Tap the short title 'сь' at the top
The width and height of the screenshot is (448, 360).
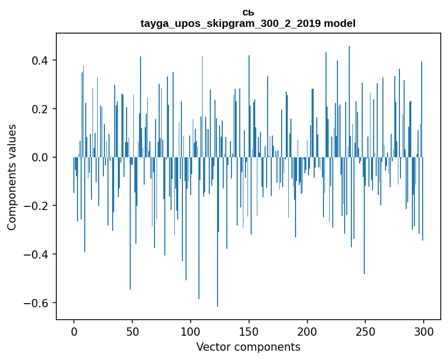(x=248, y=12)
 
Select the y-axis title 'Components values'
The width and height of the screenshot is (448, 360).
(x=12, y=177)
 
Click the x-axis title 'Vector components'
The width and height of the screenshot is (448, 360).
(x=248, y=347)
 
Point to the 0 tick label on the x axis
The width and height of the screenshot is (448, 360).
(x=74, y=331)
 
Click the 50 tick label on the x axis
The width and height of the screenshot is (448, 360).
(x=132, y=331)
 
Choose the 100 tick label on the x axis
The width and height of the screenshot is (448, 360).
(x=191, y=331)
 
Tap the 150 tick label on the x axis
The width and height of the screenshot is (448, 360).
(x=249, y=331)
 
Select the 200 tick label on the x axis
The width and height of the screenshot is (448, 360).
(x=307, y=331)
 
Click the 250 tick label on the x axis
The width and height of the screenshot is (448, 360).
(x=366, y=331)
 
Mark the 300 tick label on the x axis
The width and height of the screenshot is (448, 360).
(x=424, y=331)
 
